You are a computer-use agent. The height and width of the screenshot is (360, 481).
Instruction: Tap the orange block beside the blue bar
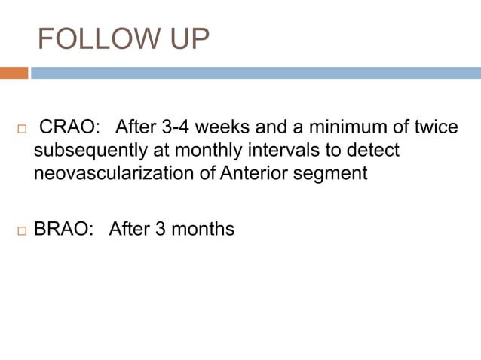coord(14,73)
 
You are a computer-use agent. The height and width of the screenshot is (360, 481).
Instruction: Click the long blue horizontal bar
coord(256,73)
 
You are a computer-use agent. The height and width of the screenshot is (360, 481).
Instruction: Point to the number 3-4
coord(178,127)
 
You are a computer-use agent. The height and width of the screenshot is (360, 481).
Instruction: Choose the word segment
coord(332,174)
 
